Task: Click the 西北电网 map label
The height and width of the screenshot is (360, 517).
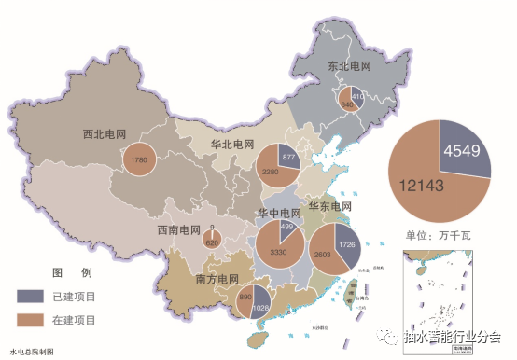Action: [x=105, y=133]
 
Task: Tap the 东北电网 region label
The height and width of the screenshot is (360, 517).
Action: [x=350, y=67]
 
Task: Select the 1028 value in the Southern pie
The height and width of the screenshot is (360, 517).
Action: [x=260, y=309]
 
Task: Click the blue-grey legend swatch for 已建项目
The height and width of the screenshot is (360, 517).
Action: [x=29, y=297]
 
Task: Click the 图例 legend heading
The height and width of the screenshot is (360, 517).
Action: [x=71, y=272]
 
